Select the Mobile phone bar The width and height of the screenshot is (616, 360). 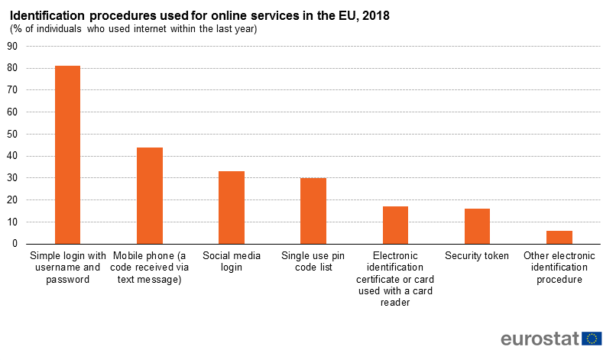coord(150,196)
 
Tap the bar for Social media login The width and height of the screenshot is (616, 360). coord(232,207)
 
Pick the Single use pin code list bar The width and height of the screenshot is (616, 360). coord(313,211)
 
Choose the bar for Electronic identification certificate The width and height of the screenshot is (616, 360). coord(395,225)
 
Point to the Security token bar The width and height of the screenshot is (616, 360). coord(477,226)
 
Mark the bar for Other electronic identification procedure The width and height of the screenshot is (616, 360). coord(559,237)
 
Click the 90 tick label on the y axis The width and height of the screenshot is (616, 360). coord(12,46)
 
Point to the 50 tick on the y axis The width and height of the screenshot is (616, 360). coord(12,135)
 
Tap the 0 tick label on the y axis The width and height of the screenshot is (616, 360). coord(15,244)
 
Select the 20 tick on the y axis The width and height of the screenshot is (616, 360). coord(12,200)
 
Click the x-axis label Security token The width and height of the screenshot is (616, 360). coord(477,256)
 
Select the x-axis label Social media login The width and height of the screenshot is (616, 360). coord(232,261)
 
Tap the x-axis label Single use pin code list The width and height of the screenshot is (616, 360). coord(313,261)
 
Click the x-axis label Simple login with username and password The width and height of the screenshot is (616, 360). coord(67,268)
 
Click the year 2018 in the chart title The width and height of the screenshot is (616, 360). coord(374,15)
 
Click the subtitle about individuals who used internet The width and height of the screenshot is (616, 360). coord(134,29)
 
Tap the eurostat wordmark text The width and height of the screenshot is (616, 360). coord(539,339)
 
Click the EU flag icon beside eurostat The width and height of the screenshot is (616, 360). coord(592,339)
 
